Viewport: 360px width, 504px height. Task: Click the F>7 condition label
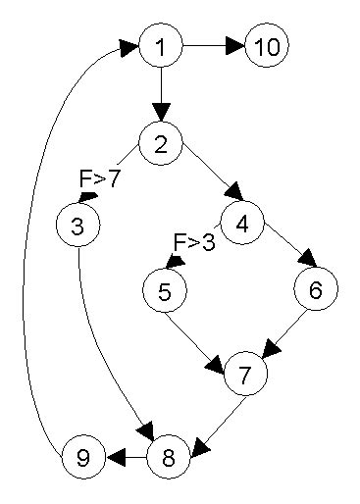(x=99, y=180)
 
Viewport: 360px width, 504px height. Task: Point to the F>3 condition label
(x=193, y=242)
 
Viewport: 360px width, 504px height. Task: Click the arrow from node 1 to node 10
(x=210, y=45)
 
